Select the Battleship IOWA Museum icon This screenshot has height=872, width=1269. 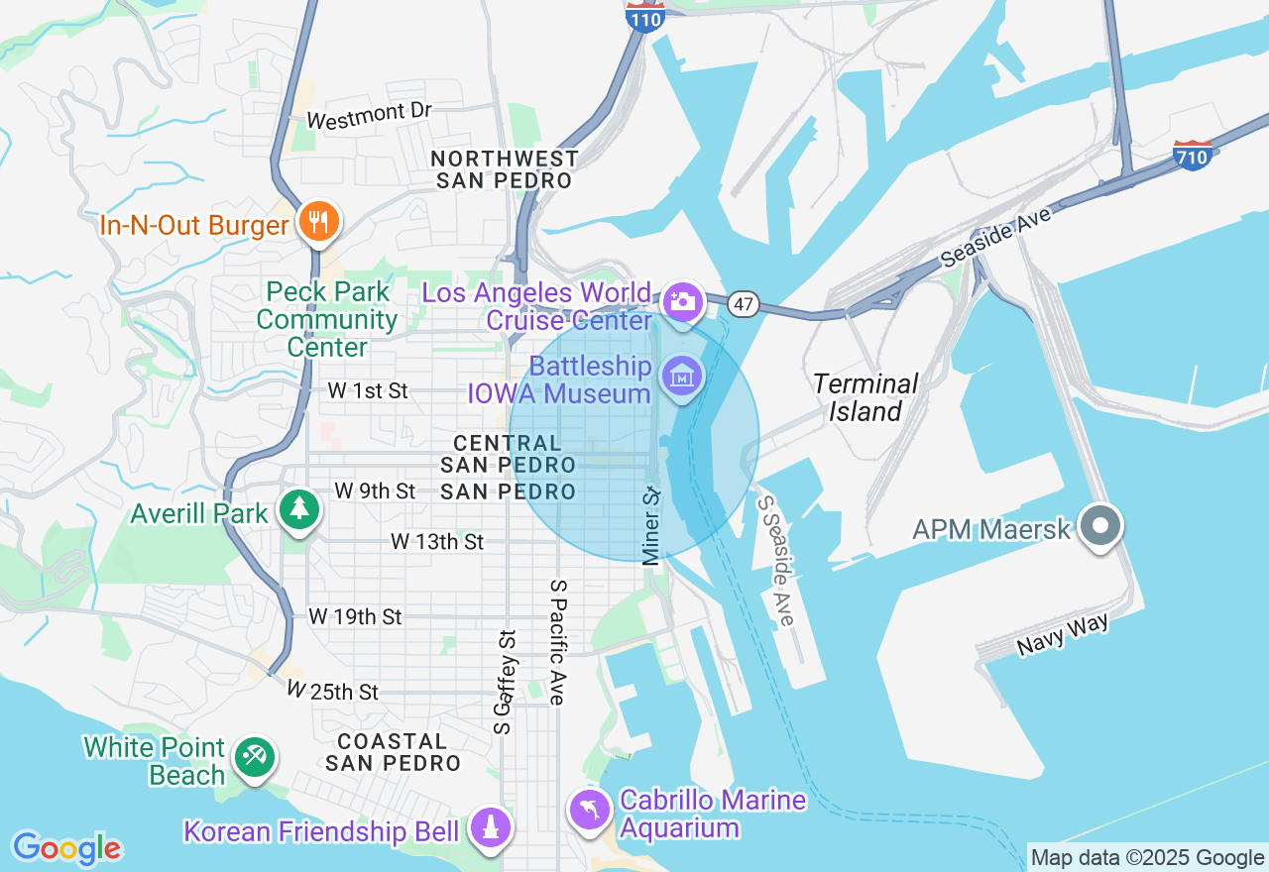pos(682,378)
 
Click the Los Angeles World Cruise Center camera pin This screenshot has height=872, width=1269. pos(683,299)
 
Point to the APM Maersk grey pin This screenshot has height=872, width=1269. pos(1100,525)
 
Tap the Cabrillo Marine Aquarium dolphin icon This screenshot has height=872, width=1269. pos(589,810)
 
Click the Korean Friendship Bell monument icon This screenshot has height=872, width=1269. pos(489,827)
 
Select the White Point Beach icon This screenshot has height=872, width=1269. pos(255,759)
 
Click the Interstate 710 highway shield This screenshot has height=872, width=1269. pos(1192,156)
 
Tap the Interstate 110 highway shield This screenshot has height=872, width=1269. pos(644,16)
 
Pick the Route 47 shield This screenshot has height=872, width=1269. pos(744,304)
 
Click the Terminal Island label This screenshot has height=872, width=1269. pos(865,397)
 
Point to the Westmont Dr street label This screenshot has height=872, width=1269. pos(369,116)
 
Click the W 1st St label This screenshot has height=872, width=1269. pos(367,391)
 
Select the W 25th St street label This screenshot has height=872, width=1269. pos(332,691)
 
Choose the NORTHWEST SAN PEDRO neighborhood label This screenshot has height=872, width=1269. pos(505,169)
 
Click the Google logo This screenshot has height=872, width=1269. pos(66,848)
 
